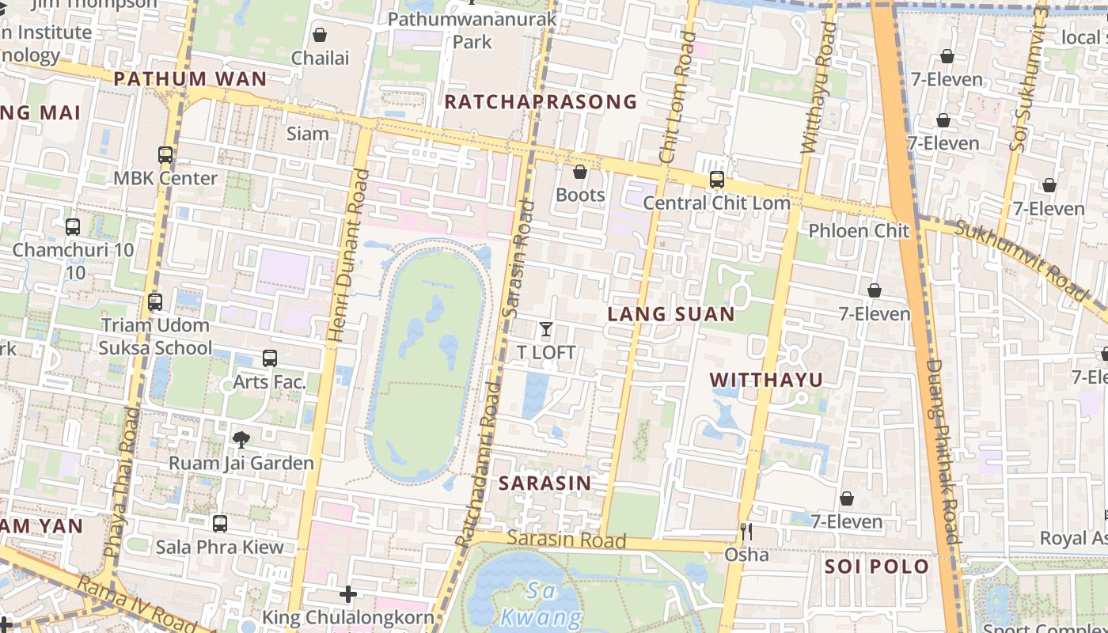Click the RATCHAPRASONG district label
tap(541, 101)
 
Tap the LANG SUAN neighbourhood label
tap(671, 314)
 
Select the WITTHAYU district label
tap(766, 380)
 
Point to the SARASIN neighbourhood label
tap(545, 483)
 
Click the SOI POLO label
tap(877, 567)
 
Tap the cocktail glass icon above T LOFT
tap(545, 329)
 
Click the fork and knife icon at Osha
tap(746, 531)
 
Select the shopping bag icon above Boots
tap(580, 172)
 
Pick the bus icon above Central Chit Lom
tap(717, 180)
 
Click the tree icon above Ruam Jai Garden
tap(241, 439)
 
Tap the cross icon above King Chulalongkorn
tap(348, 593)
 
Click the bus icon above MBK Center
tap(165, 155)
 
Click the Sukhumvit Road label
tap(1021, 260)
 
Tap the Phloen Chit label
tap(859, 231)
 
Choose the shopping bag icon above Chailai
tap(320, 35)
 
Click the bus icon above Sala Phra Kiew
tap(220, 523)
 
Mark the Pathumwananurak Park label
tap(472, 29)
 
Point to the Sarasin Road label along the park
tap(566, 540)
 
